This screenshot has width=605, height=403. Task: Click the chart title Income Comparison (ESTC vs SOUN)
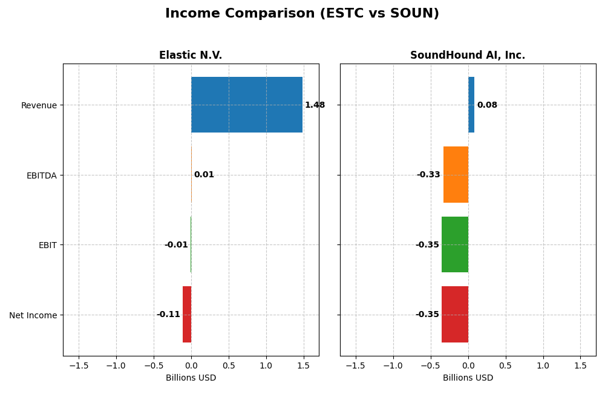(x=302, y=14)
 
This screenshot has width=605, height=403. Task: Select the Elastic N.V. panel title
(x=191, y=56)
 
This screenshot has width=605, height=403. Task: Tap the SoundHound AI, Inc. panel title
(x=468, y=56)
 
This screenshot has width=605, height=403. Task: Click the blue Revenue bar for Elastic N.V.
(x=247, y=105)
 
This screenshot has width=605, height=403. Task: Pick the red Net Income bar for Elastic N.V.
(x=187, y=315)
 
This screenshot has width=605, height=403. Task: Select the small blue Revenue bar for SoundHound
(x=471, y=105)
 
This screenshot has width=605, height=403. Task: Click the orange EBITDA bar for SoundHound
(x=456, y=175)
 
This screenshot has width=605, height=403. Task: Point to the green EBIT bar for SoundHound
(x=455, y=244)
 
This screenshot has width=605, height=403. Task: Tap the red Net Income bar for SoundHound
(x=455, y=315)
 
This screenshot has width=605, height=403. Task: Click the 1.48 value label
(x=315, y=105)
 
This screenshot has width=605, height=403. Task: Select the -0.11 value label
(x=168, y=315)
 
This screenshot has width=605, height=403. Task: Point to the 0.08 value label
(x=487, y=105)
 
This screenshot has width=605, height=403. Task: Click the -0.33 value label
(x=428, y=175)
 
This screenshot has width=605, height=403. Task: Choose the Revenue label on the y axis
(x=39, y=105)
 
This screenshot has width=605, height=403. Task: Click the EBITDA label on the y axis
(x=41, y=175)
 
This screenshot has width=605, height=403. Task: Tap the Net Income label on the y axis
(x=33, y=315)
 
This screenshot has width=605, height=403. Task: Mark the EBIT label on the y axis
(x=47, y=245)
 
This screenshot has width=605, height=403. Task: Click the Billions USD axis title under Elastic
(x=191, y=378)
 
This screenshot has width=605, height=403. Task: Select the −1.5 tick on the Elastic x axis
(x=79, y=365)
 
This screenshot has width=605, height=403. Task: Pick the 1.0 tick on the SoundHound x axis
(x=543, y=365)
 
